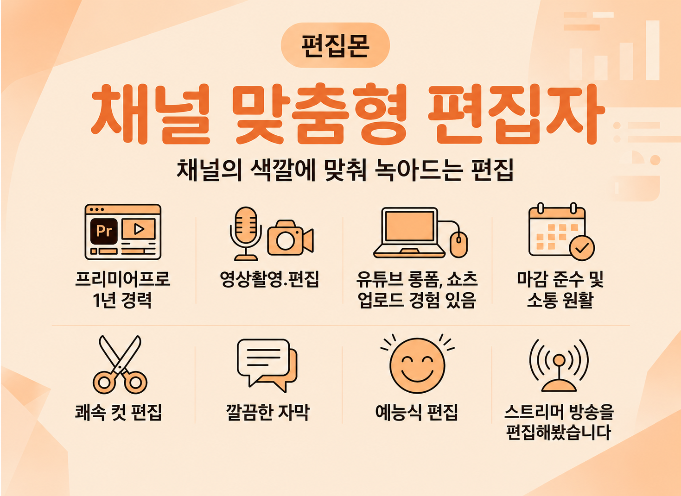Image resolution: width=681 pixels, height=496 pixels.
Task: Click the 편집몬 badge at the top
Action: click(335, 45)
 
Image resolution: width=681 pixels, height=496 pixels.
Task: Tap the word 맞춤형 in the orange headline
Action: click(319, 114)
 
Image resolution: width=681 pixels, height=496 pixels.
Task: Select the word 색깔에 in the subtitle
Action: click(283, 170)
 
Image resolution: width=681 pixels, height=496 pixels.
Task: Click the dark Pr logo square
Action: click(104, 231)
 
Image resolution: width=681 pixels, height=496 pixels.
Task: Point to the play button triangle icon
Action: click(139, 229)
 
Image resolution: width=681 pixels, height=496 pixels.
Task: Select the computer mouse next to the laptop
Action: click(459, 245)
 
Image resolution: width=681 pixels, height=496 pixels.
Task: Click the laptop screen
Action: click(409, 226)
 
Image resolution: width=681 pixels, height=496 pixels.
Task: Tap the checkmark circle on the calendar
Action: click(582, 248)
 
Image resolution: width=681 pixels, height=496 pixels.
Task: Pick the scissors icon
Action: click(120, 364)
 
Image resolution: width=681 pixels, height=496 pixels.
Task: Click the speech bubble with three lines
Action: click(263, 360)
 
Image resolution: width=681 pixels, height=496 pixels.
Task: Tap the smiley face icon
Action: click(417, 365)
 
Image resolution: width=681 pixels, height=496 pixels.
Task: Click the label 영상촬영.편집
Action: click(270, 279)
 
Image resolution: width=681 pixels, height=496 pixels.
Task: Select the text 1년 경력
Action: click(122, 300)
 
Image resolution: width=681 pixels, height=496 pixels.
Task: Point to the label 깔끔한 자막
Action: click(267, 413)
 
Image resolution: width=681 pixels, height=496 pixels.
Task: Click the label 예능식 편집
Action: click(416, 413)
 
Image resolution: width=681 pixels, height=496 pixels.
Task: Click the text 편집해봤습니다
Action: click(559, 433)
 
